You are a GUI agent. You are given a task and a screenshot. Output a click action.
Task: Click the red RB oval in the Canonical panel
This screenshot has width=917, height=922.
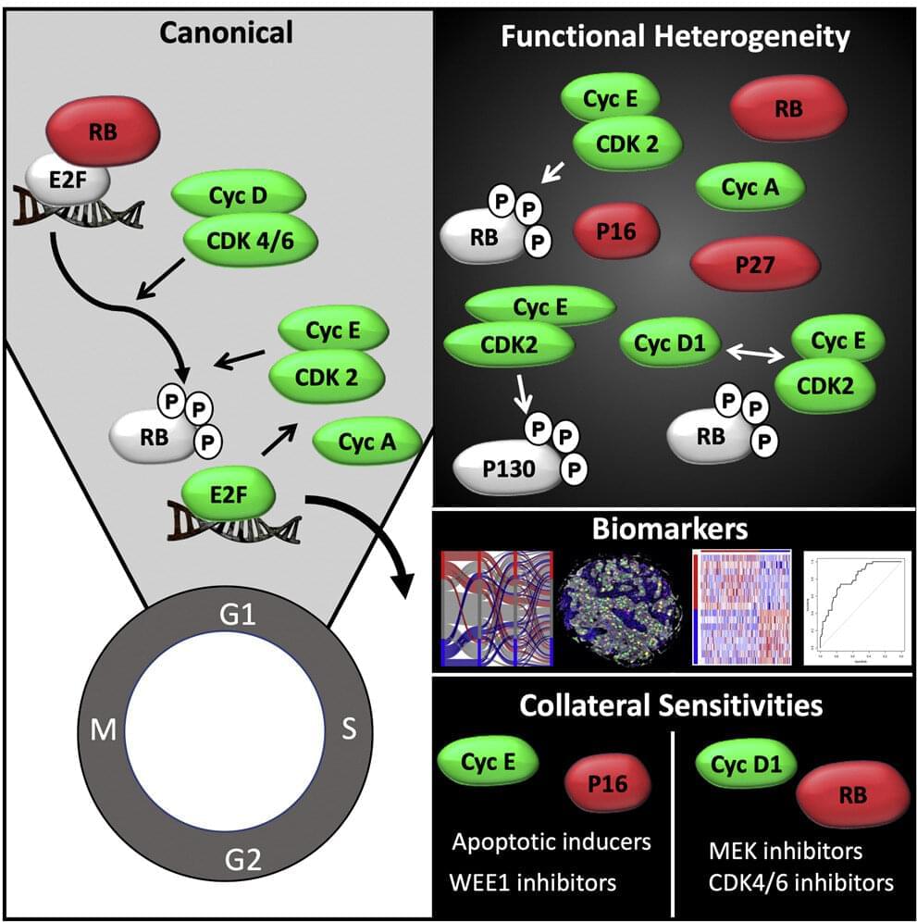point(102,132)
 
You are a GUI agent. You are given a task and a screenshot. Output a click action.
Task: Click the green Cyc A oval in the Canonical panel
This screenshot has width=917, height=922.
point(367,442)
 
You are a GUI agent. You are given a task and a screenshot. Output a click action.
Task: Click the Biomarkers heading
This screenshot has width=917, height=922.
point(674,531)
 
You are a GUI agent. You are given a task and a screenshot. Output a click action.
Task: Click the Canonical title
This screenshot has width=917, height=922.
point(226,33)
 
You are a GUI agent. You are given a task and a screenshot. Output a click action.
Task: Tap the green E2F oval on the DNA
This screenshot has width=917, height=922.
point(229,494)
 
